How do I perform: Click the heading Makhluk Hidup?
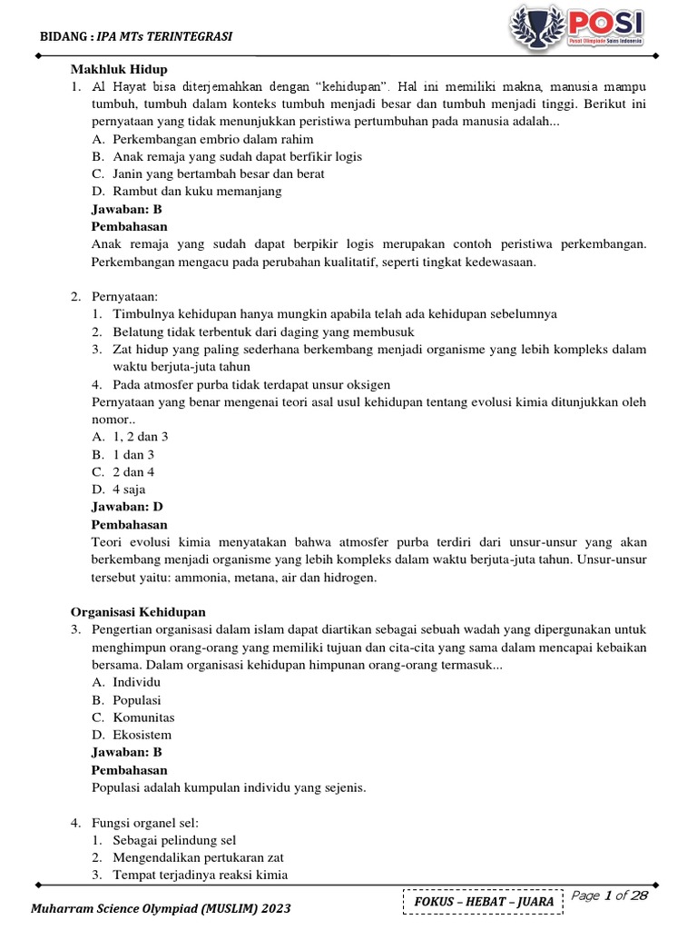(119, 69)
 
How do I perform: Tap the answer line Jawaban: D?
(127, 507)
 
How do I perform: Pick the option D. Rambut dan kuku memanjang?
(187, 191)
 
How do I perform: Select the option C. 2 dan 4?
(123, 471)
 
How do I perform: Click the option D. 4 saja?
(118, 490)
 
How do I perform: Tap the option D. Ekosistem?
(132, 735)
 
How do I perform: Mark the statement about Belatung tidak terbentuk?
(239, 331)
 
